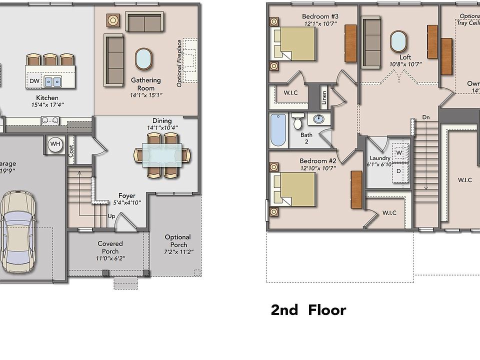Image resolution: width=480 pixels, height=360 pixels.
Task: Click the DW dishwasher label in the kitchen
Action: coord(34,81)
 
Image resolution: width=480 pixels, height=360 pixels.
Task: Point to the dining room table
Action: coord(162,155)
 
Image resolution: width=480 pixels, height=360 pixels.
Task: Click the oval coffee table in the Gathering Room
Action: coord(144,59)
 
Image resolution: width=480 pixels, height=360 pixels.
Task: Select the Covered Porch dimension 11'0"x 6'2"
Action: coord(110,258)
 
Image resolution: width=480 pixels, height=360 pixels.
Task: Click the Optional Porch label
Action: coord(178,241)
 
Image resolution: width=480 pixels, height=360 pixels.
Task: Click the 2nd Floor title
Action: coord(308,310)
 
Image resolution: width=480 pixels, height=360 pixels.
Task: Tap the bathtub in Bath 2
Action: coord(278,130)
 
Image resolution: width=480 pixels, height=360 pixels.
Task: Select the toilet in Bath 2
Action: coord(298,122)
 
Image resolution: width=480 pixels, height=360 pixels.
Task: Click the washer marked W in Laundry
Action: coord(399,152)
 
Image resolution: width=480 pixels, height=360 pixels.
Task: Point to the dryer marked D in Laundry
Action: coord(398,171)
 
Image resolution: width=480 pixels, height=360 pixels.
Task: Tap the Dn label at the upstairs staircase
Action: coord(425,117)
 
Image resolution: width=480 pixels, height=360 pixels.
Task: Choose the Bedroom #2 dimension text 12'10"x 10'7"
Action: coord(318,168)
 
